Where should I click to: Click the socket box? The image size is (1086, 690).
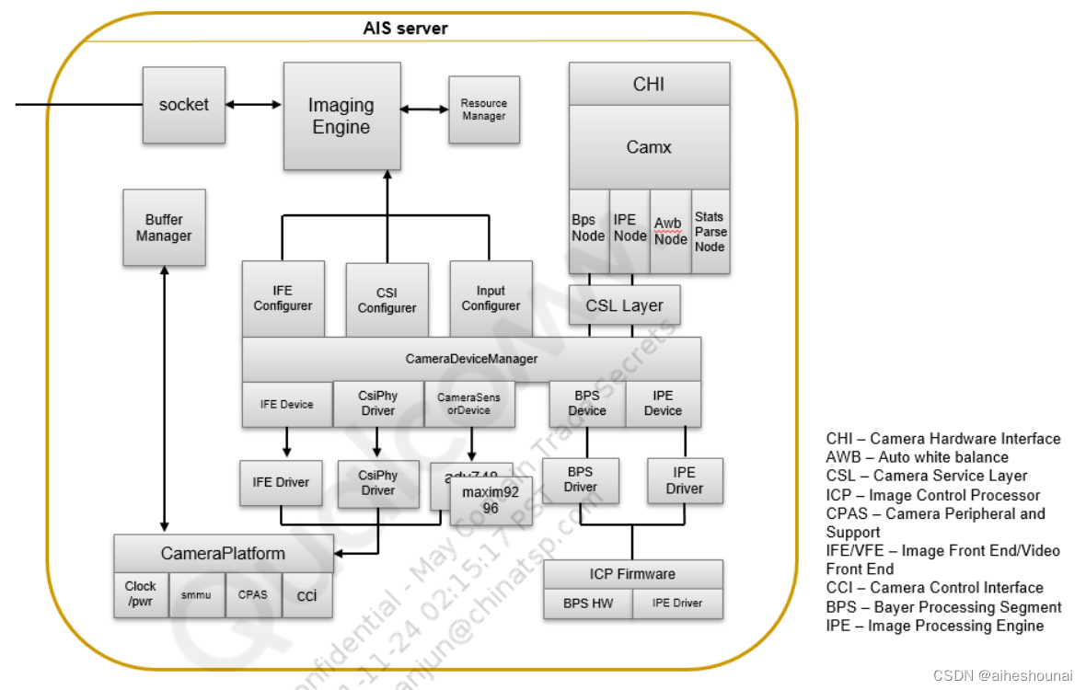click(x=184, y=105)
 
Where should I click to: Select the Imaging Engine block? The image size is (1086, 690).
click(x=341, y=117)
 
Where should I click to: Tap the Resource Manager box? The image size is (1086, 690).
click(x=483, y=110)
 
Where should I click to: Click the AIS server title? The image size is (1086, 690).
click(x=405, y=29)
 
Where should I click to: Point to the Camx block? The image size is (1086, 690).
click(x=649, y=147)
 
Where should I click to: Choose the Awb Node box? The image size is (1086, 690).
click(x=670, y=232)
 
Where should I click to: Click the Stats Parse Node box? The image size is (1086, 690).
click(x=710, y=232)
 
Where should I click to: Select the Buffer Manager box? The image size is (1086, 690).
click(x=164, y=228)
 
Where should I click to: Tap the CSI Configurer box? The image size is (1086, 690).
click(x=387, y=301)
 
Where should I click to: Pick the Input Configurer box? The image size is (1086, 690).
click(x=491, y=298)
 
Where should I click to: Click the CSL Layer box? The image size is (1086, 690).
click(x=624, y=305)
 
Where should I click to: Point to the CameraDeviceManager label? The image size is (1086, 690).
click(x=471, y=359)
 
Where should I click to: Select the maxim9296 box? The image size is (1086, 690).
click(x=491, y=500)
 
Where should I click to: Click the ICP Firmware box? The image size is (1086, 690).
click(x=632, y=574)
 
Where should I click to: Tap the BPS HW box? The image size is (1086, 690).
click(x=588, y=604)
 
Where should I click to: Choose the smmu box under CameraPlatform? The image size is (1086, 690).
click(x=197, y=595)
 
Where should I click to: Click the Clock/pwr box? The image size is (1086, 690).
click(x=141, y=593)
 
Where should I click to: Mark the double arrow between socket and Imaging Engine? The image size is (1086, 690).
click(x=254, y=105)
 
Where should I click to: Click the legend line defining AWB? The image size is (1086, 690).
click(x=917, y=457)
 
